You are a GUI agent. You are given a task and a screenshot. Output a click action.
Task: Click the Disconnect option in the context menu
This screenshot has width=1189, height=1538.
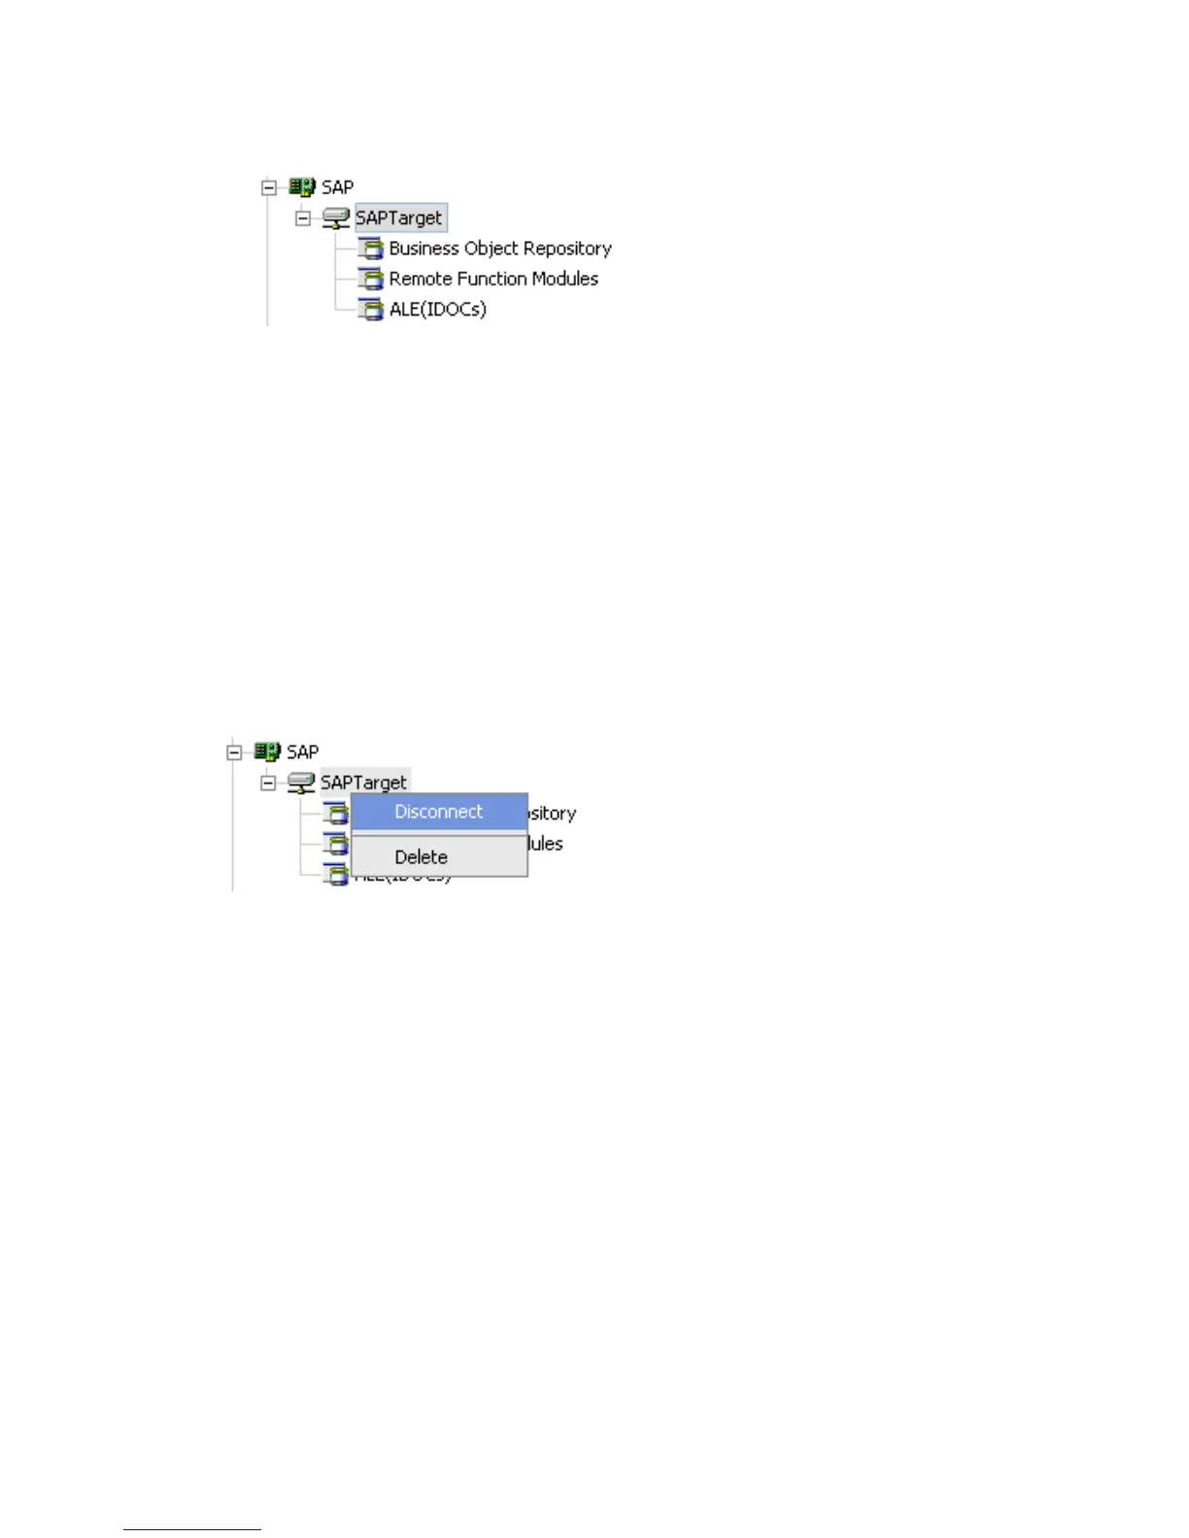tap(438, 812)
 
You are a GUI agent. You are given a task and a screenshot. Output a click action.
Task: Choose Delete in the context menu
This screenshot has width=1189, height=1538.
tap(421, 857)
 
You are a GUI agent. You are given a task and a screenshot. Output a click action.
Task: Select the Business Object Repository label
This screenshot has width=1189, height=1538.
tap(500, 249)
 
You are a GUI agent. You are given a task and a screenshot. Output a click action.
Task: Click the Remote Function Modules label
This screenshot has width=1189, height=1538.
tap(493, 279)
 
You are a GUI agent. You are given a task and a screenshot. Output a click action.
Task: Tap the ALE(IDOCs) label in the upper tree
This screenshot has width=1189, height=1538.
tap(437, 310)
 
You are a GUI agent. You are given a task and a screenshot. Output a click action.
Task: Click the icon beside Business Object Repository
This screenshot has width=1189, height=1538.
tap(371, 249)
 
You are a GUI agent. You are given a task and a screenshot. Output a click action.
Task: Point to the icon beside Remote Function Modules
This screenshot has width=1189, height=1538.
tap(371, 280)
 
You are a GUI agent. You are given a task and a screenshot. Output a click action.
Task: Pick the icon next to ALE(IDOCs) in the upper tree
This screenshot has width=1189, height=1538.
tap(371, 310)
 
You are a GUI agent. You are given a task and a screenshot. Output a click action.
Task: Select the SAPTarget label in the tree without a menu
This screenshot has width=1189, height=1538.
tap(399, 218)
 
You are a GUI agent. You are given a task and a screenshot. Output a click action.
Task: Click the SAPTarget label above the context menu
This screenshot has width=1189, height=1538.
tap(364, 783)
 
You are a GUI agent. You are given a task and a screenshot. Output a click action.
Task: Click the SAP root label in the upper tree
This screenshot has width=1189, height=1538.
tap(338, 187)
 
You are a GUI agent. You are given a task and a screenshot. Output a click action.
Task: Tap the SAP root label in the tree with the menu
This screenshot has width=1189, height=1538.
tap(303, 752)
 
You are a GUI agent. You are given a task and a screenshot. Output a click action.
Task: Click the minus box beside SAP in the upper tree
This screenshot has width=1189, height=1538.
tap(269, 188)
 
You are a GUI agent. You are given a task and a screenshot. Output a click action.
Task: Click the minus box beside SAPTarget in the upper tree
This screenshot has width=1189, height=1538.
tap(303, 218)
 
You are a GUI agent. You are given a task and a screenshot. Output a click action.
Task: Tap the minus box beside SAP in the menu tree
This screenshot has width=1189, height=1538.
tap(234, 752)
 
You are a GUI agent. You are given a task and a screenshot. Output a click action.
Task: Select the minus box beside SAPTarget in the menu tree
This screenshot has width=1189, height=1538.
tap(268, 784)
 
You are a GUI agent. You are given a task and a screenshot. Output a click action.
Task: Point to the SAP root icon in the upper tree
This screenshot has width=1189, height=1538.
tap(302, 187)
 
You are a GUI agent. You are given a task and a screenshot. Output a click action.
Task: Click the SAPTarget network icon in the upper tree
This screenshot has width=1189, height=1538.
tap(336, 218)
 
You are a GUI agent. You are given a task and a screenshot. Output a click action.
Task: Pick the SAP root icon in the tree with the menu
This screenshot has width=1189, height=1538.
tap(267, 752)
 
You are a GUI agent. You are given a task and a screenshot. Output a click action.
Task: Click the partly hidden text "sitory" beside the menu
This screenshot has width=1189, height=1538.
tap(552, 814)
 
